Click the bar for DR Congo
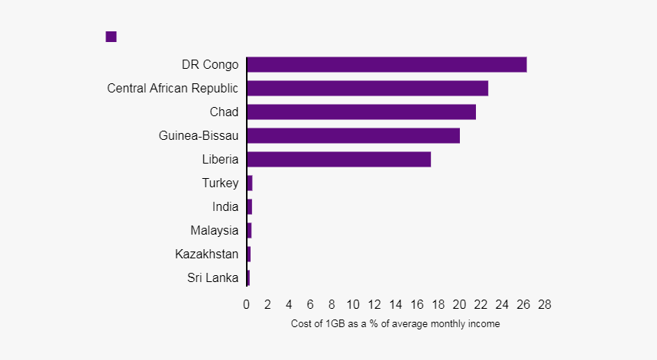pos(387,65)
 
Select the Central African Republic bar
pos(367,89)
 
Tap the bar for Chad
pos(361,112)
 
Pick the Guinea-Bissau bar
pos(353,136)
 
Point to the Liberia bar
pos(338,160)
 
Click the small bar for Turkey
pos(250,183)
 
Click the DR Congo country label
pos(209,65)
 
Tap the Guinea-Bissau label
pos(199,136)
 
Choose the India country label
pos(225,207)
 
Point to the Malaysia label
pos(215,230)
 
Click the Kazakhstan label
pos(206,254)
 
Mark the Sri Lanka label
pos(212,277)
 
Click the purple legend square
pos(111,37)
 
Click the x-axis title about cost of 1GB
pos(395,324)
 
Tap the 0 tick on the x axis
pos(247,305)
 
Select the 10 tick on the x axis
pos(353,305)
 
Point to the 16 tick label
pos(417,305)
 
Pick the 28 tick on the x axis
pos(545,305)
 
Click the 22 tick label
pos(481,305)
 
